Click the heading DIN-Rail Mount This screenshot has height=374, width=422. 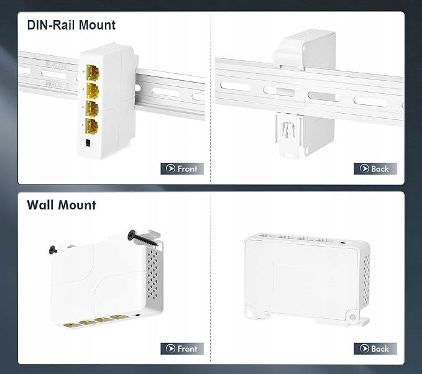(71, 25)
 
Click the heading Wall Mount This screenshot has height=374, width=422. (62, 205)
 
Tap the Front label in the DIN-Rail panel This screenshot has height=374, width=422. (187, 169)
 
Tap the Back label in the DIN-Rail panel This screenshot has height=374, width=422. (380, 169)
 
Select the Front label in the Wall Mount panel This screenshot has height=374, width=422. (187, 349)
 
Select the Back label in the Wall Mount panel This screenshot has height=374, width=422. (380, 349)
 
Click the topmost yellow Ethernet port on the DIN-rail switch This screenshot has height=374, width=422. (93, 73)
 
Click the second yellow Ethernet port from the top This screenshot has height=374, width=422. (93, 91)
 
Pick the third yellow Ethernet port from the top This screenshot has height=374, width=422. (92, 109)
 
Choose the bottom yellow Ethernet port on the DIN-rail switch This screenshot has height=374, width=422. (91, 126)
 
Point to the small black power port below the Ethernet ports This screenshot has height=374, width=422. (88, 143)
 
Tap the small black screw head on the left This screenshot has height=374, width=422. (53, 250)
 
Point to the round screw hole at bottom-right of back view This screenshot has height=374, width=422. (352, 317)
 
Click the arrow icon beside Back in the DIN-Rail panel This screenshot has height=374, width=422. (364, 168)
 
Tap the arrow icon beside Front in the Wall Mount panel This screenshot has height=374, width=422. (170, 349)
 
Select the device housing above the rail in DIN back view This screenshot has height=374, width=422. (305, 50)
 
